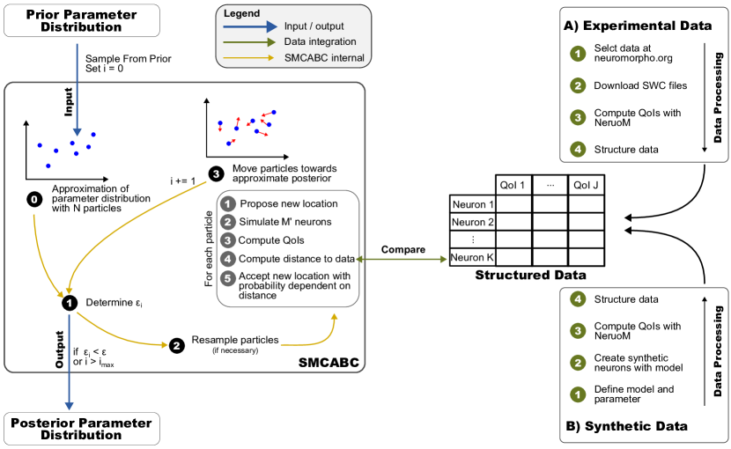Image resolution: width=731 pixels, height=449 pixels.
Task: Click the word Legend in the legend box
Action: point(241,13)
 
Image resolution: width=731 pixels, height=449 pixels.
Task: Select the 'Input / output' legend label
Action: point(314,26)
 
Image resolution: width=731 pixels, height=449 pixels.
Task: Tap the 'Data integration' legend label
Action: point(320,41)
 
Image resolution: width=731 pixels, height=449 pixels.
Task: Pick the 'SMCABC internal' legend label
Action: point(324,58)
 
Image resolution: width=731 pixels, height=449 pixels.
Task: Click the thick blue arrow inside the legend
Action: point(250,26)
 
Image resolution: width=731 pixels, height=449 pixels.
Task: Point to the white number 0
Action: point(34,200)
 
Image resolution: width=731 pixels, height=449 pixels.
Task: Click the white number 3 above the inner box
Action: point(216,174)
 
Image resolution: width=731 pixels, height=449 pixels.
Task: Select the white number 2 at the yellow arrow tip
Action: point(176,346)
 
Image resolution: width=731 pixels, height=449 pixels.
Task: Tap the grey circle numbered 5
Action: point(228,278)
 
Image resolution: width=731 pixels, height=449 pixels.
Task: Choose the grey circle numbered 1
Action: point(228,204)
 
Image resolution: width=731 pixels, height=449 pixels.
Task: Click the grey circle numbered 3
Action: point(228,240)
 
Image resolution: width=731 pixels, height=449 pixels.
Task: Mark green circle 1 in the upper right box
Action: point(578,55)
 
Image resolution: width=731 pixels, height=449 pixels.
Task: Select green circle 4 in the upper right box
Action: point(578,149)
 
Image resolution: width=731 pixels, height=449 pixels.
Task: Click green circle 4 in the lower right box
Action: point(578,299)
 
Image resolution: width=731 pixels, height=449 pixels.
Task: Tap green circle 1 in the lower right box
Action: point(578,394)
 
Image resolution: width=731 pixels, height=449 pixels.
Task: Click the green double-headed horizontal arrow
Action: point(401,259)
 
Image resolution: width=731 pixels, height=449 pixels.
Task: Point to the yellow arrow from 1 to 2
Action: point(119,335)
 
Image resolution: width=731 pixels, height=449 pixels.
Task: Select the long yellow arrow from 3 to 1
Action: point(123,220)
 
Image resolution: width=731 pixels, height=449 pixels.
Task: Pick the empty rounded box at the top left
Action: point(82,21)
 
